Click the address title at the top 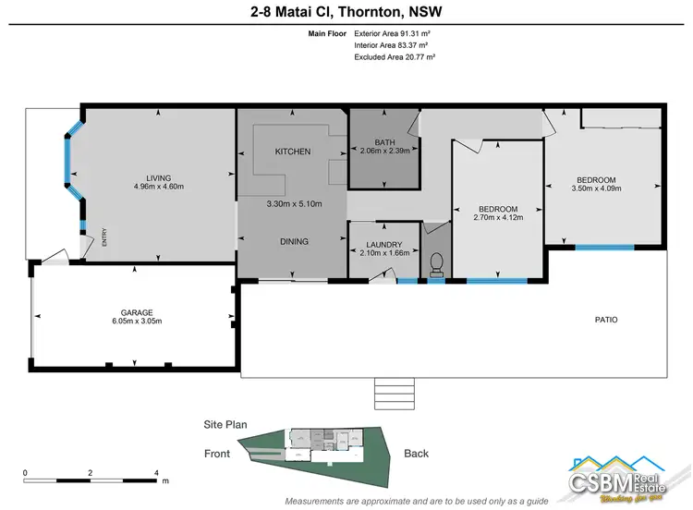coord(346,12)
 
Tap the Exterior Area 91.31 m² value coord(394,32)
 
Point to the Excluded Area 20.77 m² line coord(394,56)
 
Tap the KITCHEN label coord(293,152)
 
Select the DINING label coord(294,241)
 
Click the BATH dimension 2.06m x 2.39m coord(384,150)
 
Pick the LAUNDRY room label coord(383,244)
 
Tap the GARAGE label coord(136,312)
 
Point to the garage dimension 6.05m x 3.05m coord(136,322)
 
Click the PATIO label coord(606,320)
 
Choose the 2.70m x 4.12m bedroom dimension coord(498,218)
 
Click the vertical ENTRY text coord(104,238)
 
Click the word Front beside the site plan coord(218,454)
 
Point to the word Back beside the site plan coord(417,454)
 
